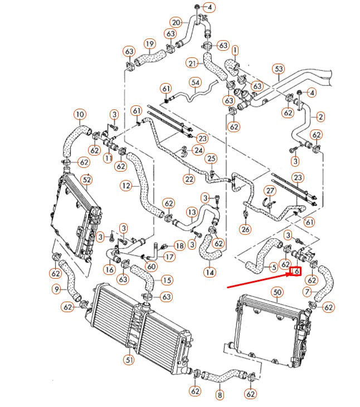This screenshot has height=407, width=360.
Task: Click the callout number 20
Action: (176, 22)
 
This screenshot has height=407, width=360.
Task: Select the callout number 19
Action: (149, 44)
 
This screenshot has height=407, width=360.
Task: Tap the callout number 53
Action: (279, 69)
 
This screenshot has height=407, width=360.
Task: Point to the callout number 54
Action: (195, 83)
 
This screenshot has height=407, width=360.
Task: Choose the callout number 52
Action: (87, 180)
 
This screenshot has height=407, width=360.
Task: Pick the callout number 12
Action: (125, 185)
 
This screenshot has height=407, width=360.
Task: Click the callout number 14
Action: (210, 273)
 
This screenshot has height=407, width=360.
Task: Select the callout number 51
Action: (129, 360)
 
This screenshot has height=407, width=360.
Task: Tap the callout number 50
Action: (277, 292)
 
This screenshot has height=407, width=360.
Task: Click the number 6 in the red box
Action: (296, 272)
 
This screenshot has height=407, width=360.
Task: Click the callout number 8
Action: (219, 395)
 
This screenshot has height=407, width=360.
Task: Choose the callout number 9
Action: (56, 289)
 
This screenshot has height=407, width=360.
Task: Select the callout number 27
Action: (270, 191)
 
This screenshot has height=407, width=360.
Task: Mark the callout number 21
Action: (193, 62)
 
